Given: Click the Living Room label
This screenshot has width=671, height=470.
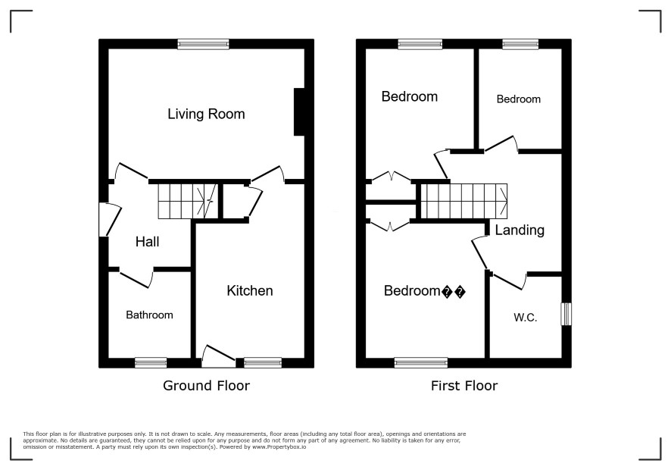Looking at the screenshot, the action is (x=206, y=114).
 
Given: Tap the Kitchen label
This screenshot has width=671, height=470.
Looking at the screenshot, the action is (x=249, y=291).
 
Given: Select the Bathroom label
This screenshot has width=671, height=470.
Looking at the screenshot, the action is (x=149, y=315).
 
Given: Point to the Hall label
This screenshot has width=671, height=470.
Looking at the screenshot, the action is (x=147, y=242).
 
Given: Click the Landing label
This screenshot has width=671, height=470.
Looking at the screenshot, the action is (x=520, y=230).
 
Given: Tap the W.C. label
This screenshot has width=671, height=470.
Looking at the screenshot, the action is (x=525, y=318).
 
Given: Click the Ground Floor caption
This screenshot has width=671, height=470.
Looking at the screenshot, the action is (x=206, y=386).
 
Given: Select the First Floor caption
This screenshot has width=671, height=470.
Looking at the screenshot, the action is (x=464, y=386).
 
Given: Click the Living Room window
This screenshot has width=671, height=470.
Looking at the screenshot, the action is (x=203, y=44).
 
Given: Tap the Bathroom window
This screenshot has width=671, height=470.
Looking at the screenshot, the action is (x=151, y=363).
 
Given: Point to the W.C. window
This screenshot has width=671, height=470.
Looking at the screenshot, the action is (x=566, y=314).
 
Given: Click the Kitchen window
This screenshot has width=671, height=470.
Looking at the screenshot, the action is (x=263, y=363).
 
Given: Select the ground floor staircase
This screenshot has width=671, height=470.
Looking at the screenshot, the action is (x=188, y=201).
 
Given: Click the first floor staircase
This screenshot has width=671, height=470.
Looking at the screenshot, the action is (x=464, y=201).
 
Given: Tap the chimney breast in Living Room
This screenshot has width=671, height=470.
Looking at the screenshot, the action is (x=298, y=112).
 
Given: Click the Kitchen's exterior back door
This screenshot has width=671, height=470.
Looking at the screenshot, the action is (x=218, y=356).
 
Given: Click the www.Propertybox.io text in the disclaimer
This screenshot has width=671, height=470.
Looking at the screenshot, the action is (x=279, y=446).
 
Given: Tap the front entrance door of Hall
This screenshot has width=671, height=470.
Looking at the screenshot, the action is (x=110, y=219).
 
